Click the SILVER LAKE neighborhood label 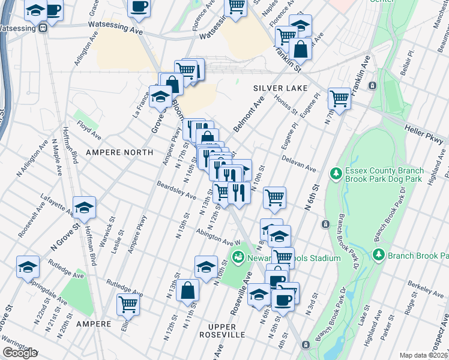click(276, 88)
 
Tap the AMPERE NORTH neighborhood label click(119, 152)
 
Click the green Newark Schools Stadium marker click(239, 258)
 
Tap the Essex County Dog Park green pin click(336, 173)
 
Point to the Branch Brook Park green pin click(379, 254)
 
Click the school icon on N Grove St click(85, 207)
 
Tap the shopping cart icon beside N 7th click(339, 98)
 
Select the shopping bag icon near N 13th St click(188, 289)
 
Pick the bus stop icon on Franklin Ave click(372, 86)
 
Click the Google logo click(20, 353)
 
